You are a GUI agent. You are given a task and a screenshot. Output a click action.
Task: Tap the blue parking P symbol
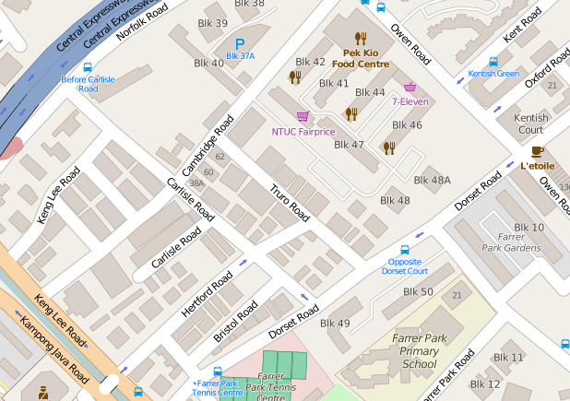click(x=240, y=43)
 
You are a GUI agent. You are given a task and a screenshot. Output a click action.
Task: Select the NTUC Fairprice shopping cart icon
click(x=302, y=116)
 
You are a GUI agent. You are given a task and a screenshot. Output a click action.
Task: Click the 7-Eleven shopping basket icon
click(x=410, y=87)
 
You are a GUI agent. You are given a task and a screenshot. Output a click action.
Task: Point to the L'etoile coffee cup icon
click(x=537, y=151)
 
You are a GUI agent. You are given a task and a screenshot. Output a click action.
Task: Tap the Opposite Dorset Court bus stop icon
click(x=404, y=250)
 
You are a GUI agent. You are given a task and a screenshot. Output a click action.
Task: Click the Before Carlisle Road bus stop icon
click(x=88, y=67)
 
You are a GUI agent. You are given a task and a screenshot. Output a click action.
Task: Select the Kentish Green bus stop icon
click(x=493, y=62)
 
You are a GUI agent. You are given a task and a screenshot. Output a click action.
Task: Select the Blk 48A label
click(x=432, y=180)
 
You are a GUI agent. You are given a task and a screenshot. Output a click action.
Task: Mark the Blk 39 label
click(x=213, y=23)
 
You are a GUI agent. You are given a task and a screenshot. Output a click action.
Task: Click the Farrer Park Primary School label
click(x=420, y=351)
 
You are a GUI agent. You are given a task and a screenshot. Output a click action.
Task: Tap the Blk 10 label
click(x=528, y=227)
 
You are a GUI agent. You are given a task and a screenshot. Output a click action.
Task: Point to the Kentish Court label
click(x=530, y=124)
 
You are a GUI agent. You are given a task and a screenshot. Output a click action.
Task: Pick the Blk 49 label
click(x=335, y=323)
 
